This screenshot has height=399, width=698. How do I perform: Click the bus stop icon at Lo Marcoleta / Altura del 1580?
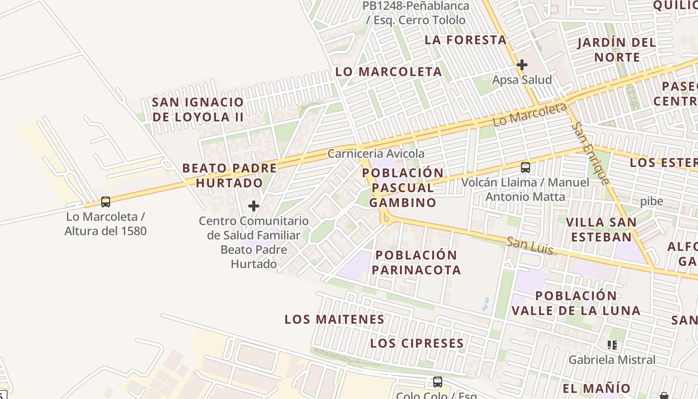point(105,202)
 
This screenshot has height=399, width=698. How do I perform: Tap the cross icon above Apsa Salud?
point(522,65)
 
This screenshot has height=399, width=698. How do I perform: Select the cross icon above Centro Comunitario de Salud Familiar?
point(254,205)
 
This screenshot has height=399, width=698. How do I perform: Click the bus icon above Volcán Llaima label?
point(525,168)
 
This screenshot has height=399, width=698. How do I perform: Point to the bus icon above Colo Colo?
point(437,382)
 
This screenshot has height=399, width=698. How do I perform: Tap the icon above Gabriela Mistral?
point(612,345)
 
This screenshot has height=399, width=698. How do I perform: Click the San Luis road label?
point(529,245)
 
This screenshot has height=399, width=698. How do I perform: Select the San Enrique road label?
point(590,154)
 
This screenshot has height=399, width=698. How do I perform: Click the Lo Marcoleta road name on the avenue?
point(529,115)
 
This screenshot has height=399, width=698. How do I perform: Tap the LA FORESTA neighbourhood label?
point(466,40)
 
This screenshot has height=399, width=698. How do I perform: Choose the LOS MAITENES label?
point(334,319)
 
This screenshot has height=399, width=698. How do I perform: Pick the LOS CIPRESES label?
point(417,343)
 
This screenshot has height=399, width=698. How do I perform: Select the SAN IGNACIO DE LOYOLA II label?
point(198,109)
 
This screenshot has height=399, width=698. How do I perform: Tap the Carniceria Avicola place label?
point(376,154)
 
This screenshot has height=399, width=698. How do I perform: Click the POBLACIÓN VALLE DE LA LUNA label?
point(576,303)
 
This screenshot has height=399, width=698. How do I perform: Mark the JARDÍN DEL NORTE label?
point(617,49)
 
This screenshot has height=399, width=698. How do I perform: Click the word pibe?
point(652,201)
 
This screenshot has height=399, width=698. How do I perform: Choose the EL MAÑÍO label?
point(596,388)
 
